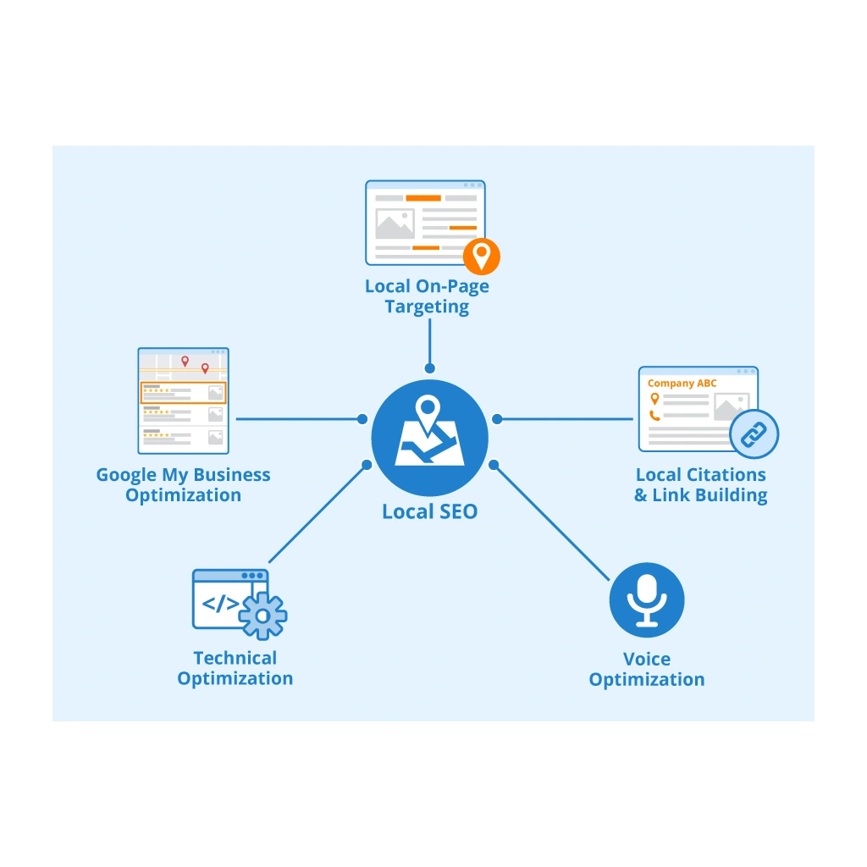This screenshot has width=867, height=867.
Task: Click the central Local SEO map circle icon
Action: (x=429, y=439)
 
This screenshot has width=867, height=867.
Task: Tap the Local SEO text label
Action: (x=429, y=511)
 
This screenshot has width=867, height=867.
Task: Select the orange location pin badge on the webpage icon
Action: (x=481, y=255)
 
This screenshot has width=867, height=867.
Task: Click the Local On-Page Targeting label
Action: (x=427, y=296)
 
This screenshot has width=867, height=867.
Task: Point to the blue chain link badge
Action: (x=753, y=435)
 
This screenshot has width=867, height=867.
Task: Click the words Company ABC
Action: (x=682, y=384)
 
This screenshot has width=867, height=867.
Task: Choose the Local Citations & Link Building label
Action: (x=701, y=485)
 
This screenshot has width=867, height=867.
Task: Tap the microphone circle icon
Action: (x=647, y=600)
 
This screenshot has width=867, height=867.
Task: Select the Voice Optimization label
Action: (x=647, y=669)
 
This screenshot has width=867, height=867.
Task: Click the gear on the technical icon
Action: (x=262, y=615)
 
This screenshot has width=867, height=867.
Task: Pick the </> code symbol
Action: (x=220, y=604)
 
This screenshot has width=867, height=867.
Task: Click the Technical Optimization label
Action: (x=235, y=668)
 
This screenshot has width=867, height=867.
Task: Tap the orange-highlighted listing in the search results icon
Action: (x=183, y=393)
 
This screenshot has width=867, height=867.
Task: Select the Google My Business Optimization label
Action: (x=183, y=485)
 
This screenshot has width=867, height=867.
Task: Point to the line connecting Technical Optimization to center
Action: (x=318, y=513)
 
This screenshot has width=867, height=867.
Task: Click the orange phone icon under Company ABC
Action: (x=654, y=415)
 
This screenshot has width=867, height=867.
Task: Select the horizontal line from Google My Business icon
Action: (x=296, y=418)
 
